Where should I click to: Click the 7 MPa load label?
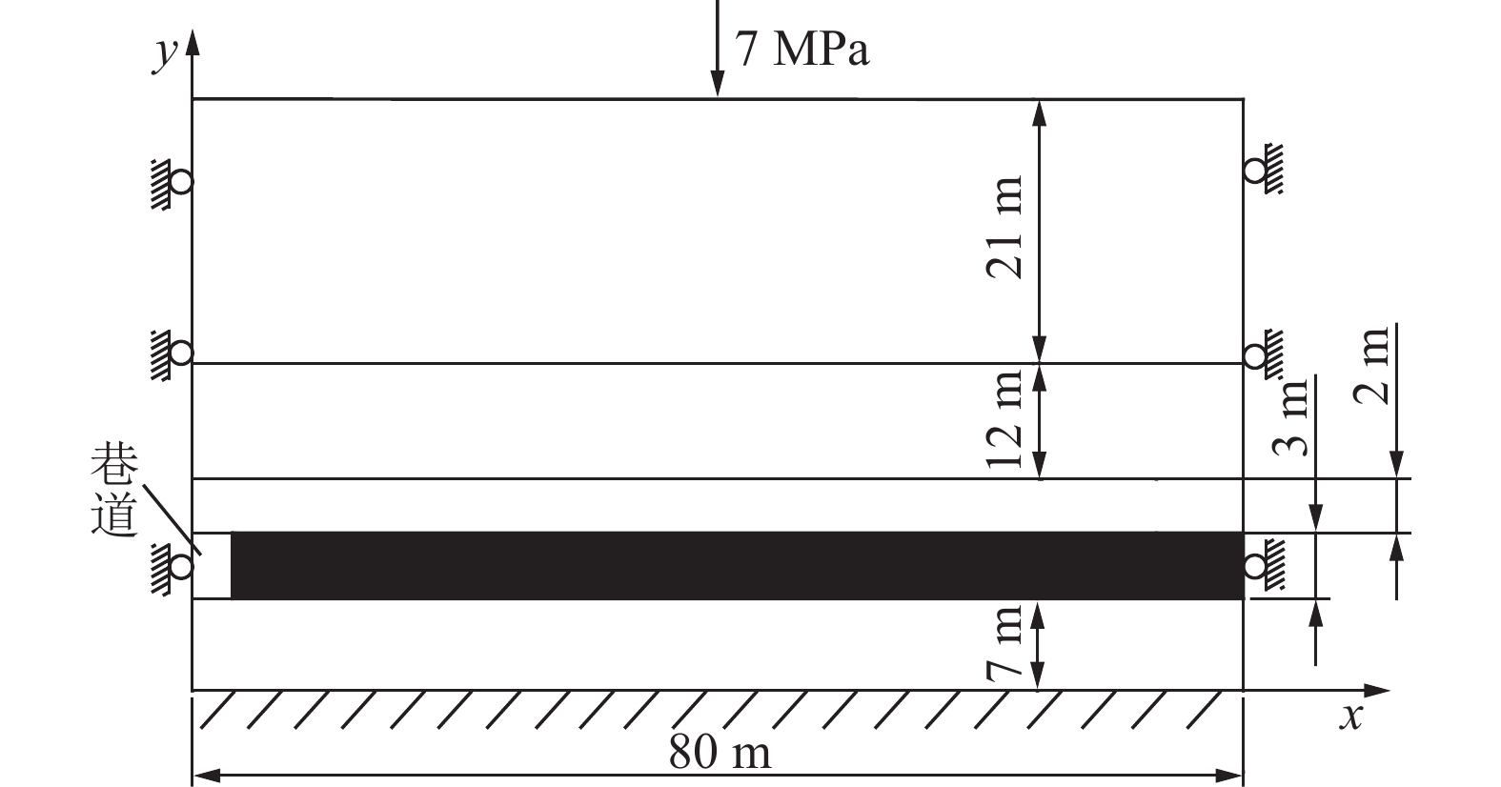[x=802, y=49]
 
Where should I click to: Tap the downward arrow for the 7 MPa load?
[x=718, y=49]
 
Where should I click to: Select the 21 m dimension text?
[x=1004, y=227]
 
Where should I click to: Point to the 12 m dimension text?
[x=1004, y=419]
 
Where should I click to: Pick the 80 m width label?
[x=720, y=752]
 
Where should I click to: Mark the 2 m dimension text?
[x=1371, y=366]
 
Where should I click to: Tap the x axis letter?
[x=1351, y=717]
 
